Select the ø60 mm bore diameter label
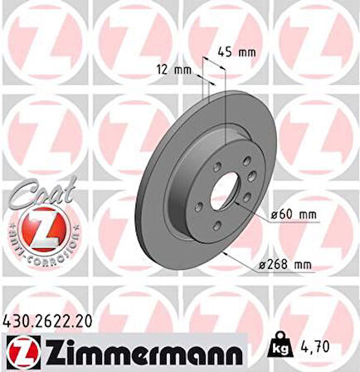294,215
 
